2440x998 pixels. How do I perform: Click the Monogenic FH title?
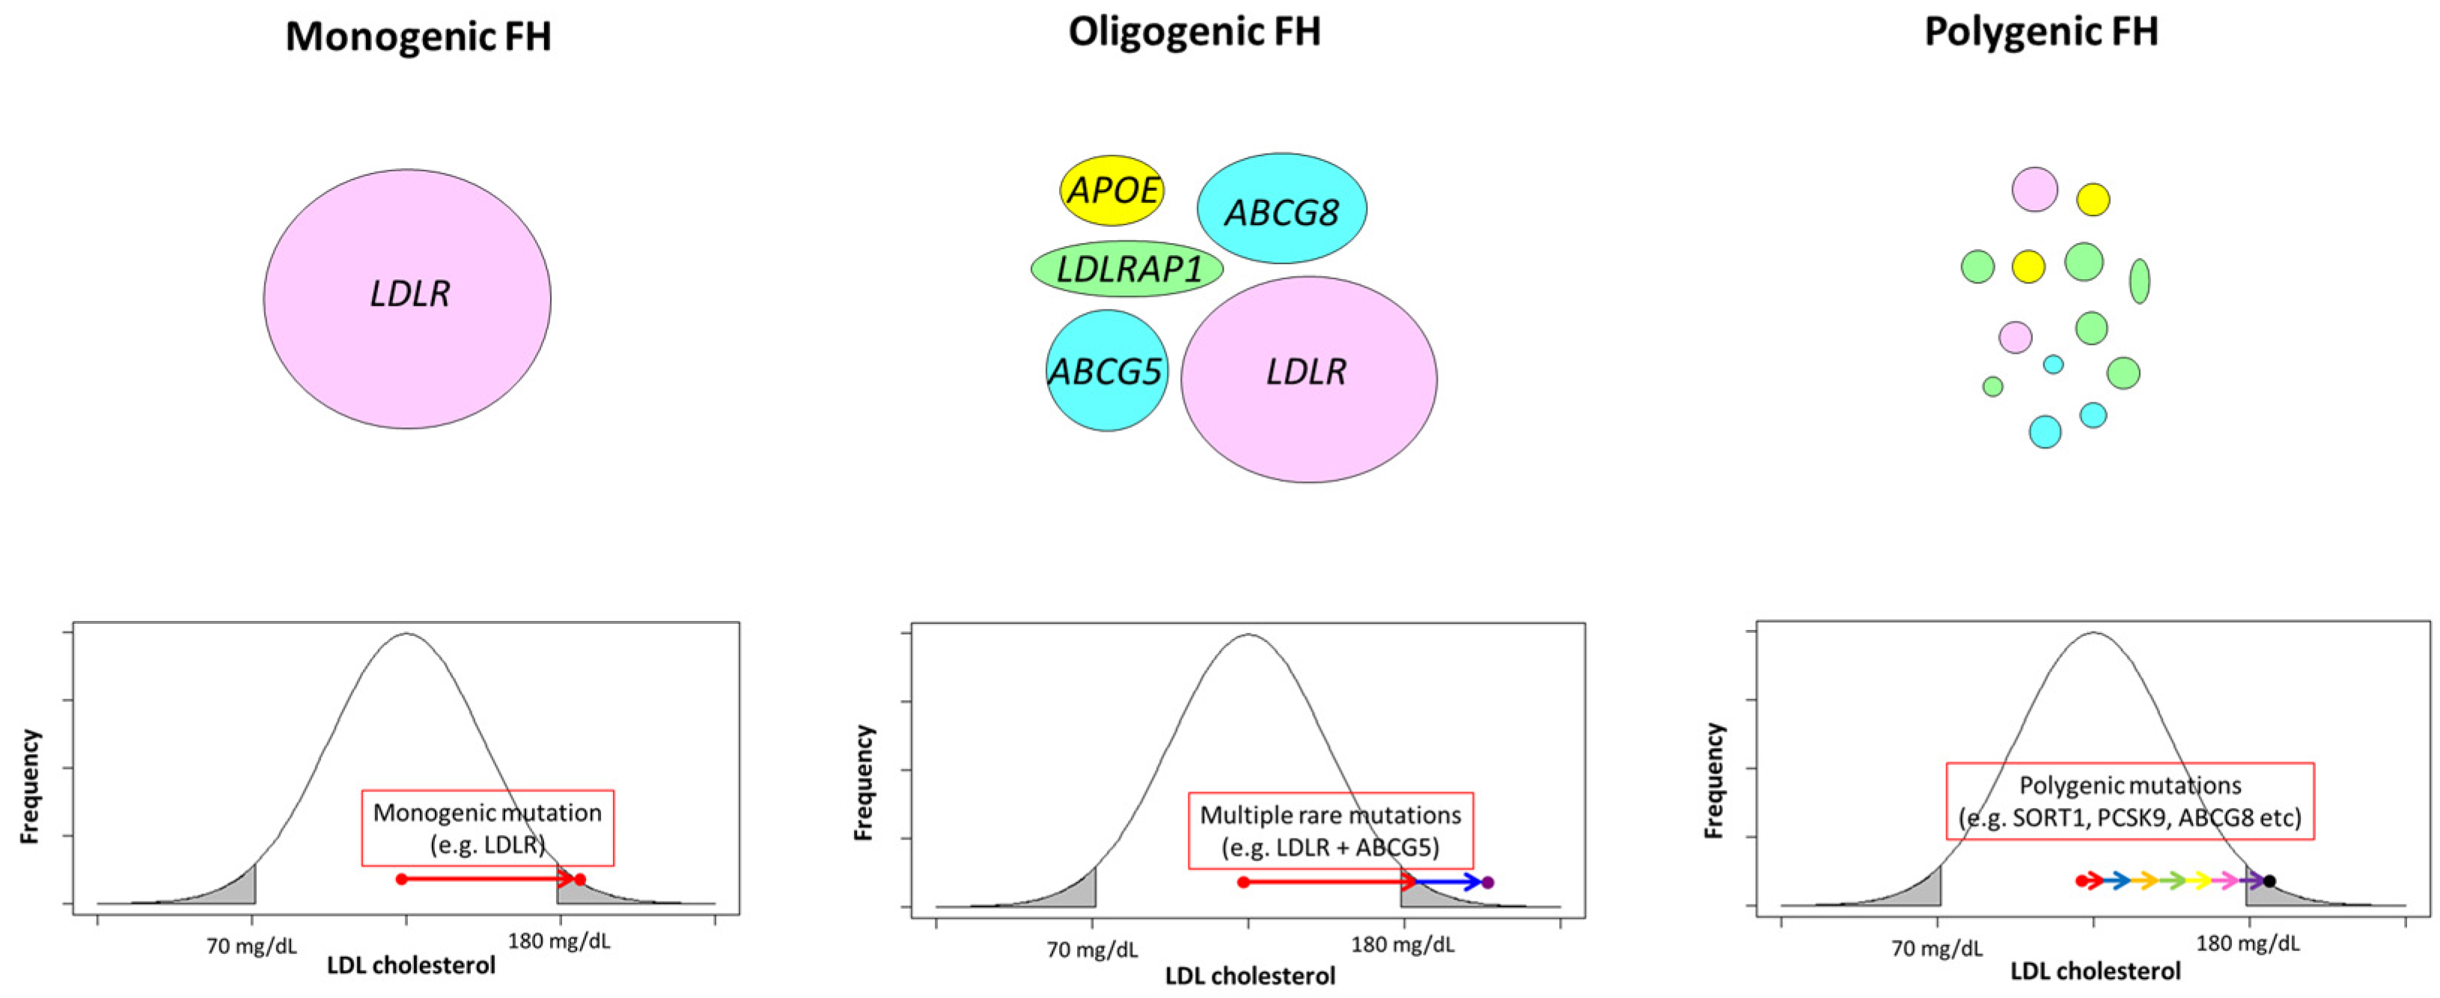point(418,37)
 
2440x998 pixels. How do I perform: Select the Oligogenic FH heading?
point(1194,32)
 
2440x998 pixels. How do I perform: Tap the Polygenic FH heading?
point(2041,32)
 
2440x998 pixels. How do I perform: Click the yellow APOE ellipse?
point(1112,190)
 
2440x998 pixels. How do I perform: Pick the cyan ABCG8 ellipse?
point(1281,208)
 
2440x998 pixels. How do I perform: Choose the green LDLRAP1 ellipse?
point(1127,269)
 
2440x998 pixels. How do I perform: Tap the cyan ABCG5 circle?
point(1106,371)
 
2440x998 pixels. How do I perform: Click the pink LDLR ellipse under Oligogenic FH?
point(1308,379)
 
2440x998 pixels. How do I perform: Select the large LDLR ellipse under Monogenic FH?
point(407,299)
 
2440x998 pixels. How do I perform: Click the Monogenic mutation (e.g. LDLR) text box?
point(488,827)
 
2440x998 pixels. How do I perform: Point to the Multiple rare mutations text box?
point(1331,830)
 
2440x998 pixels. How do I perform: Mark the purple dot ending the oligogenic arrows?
point(1487,883)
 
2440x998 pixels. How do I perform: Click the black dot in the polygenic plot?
point(2269,881)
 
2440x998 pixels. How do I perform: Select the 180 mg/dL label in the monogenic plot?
point(559,941)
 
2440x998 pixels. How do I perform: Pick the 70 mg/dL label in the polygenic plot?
point(1937,948)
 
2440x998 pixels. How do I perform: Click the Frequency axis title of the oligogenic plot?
point(863,782)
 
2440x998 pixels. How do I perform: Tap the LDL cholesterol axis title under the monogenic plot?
point(411,966)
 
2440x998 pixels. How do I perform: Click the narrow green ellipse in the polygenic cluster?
point(2139,281)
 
